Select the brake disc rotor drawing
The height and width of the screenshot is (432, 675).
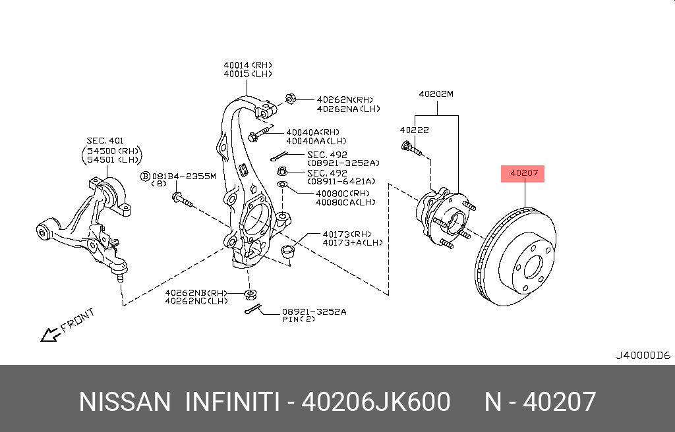click(x=516, y=257)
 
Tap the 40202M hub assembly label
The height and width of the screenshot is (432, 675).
click(x=436, y=94)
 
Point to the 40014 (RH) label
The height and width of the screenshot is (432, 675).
click(x=248, y=65)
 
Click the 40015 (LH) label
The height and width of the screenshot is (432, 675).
click(x=248, y=74)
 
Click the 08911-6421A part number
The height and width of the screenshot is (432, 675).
click(x=341, y=181)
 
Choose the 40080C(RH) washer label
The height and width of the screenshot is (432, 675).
click(x=343, y=194)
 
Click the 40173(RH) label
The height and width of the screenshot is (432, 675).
click(x=347, y=234)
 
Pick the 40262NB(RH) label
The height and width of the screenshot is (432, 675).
click(x=196, y=292)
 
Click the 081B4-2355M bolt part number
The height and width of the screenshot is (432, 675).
click(x=183, y=176)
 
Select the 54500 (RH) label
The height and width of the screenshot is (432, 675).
click(x=113, y=150)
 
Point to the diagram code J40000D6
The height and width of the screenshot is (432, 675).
click(x=642, y=355)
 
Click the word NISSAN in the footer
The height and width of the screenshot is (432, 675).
click(x=124, y=402)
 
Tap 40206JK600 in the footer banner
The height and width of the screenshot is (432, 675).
click(x=375, y=402)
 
